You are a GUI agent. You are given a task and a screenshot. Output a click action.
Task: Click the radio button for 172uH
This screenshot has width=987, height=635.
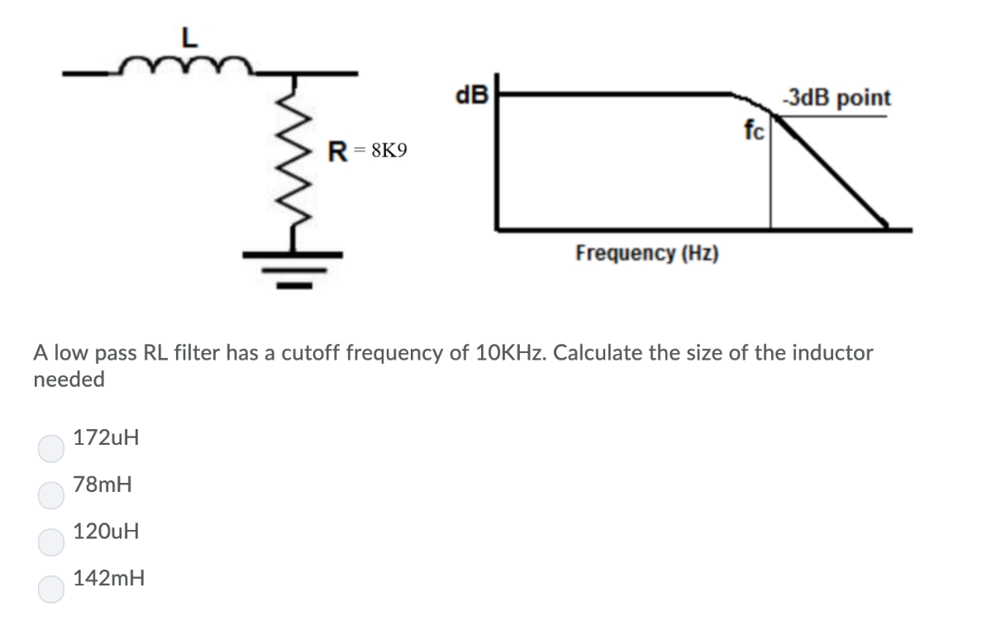point(50,448)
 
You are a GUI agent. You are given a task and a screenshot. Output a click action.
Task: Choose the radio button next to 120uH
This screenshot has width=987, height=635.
point(50,542)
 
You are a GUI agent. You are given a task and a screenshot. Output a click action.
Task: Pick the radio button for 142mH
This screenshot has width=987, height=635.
point(50,589)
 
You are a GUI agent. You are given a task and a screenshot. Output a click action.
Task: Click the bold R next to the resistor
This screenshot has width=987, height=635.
point(336,151)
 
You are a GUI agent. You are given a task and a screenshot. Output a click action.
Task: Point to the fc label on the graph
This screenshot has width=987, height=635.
point(755,129)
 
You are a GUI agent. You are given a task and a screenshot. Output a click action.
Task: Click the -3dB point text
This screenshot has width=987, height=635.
point(837,98)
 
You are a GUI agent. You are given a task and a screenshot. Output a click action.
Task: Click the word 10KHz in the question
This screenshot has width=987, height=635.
point(508,354)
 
